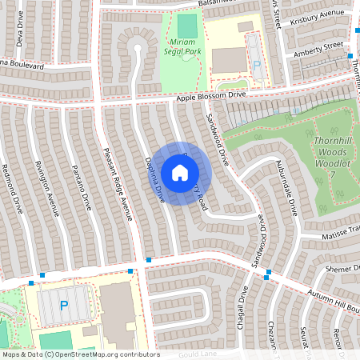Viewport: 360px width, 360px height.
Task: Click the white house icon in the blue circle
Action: pos(180,173)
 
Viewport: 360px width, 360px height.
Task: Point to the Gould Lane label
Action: pos(198,353)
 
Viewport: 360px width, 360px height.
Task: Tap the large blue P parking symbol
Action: pos(64,306)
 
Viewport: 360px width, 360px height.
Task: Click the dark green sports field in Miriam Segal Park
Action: pos(186,25)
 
